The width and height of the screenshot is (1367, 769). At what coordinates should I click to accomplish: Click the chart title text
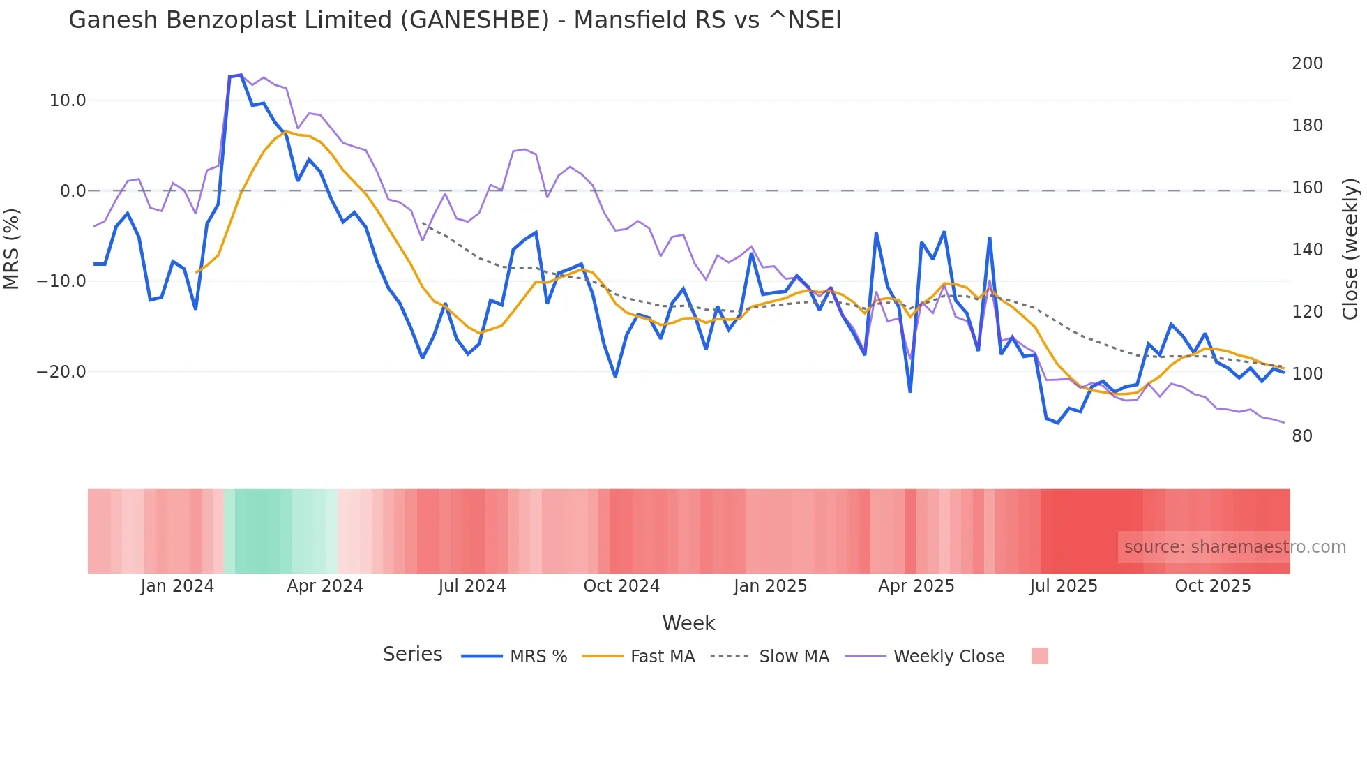click(455, 20)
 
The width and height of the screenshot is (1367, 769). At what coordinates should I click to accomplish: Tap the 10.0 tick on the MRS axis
click(68, 100)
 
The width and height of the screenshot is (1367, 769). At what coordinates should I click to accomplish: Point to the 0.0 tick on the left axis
click(73, 191)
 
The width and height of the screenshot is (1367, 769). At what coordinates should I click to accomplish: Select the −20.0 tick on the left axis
click(62, 372)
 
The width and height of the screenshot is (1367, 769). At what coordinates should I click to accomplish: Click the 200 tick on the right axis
click(1307, 64)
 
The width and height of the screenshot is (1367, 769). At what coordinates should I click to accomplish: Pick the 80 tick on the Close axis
click(1302, 436)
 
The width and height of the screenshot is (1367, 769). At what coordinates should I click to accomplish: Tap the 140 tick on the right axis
click(1307, 250)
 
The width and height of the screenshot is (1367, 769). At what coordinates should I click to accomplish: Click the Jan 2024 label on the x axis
click(177, 586)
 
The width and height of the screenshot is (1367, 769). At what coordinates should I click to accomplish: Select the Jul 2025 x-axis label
click(1064, 586)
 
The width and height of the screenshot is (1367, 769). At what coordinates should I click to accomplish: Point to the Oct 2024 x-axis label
click(621, 586)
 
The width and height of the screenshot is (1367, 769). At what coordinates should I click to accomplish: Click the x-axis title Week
click(688, 623)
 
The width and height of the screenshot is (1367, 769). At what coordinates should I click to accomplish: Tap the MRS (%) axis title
click(12, 249)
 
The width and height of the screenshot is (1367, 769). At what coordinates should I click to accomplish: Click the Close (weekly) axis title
click(1351, 249)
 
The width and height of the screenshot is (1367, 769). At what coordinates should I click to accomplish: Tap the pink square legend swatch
click(1039, 656)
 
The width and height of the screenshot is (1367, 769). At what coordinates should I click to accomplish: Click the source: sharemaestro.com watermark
click(1234, 547)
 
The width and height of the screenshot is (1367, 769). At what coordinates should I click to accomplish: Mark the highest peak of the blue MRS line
click(241, 75)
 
